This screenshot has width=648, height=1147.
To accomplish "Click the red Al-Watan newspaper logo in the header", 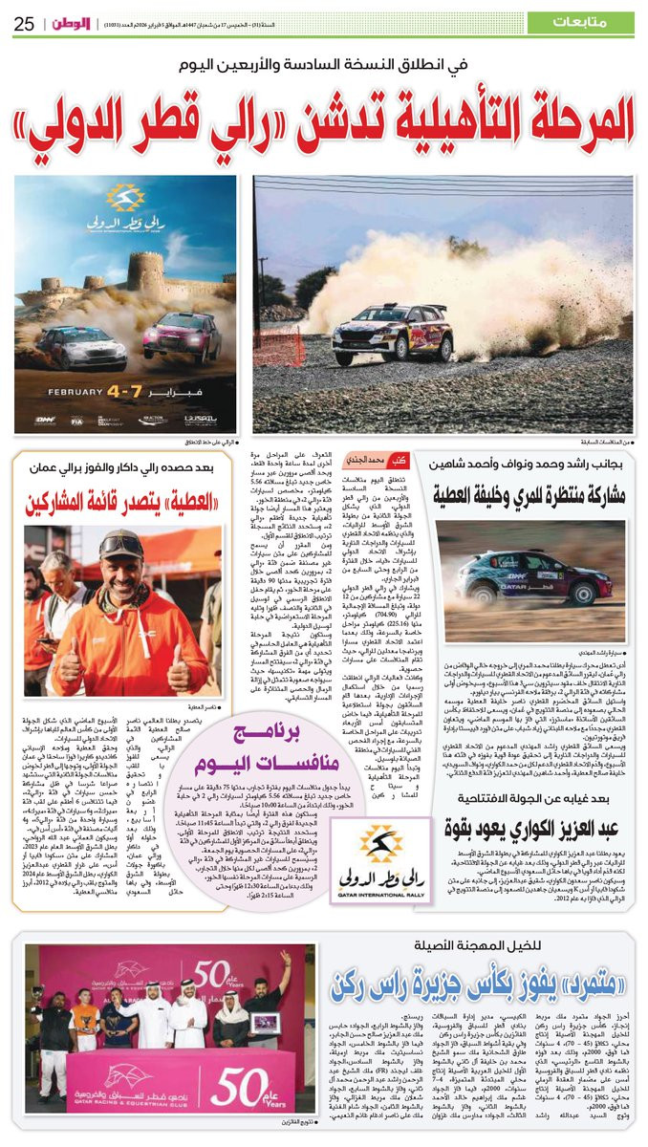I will (74, 22).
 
